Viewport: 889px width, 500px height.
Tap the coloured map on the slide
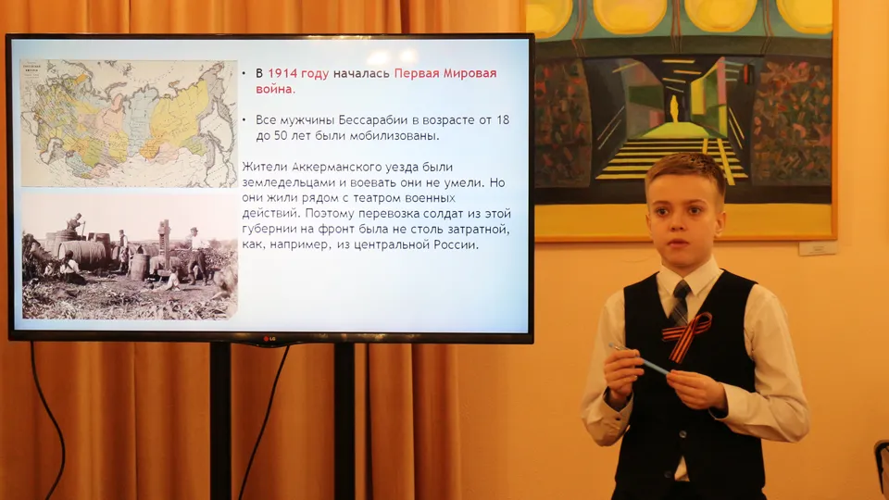[x=128, y=124]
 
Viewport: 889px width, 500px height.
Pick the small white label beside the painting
[x=818, y=248]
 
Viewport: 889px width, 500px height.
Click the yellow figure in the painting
[x=675, y=109]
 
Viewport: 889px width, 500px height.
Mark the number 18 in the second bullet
[x=499, y=121]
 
